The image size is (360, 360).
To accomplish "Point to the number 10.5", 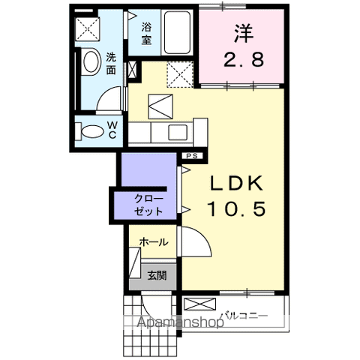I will pos(232,210).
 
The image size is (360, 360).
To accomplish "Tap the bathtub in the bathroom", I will pos(177,33).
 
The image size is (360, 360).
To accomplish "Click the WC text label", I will pos(110,129).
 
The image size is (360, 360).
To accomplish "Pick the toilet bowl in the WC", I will pos(91,131).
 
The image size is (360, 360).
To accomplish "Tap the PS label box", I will pos(192,156).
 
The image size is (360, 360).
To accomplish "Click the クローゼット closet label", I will pos(148,204).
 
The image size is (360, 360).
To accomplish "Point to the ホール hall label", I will pos(152,242).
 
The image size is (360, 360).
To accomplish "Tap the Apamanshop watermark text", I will pos(178,324).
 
